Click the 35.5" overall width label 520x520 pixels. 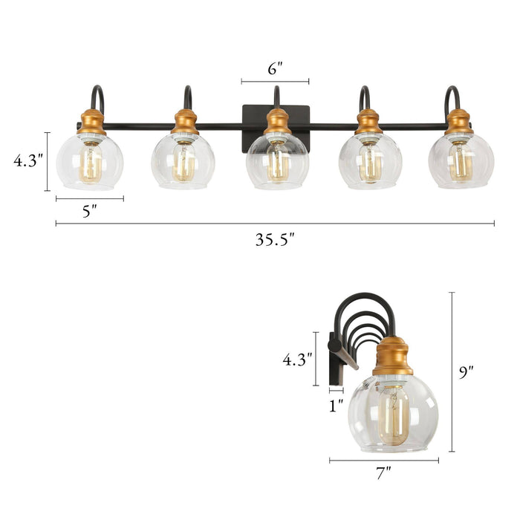pos(275,240)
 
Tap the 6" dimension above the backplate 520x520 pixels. pos(275,69)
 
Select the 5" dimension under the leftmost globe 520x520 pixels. pos(90,211)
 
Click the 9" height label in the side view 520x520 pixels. pos(466,372)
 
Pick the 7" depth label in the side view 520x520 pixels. pos(383,473)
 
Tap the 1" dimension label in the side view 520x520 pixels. pos(337,405)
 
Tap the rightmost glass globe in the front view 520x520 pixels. pos(461,160)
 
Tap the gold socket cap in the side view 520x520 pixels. pos(392,356)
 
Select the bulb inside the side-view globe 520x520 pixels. pos(394,414)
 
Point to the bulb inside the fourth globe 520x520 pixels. pos(369,162)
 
